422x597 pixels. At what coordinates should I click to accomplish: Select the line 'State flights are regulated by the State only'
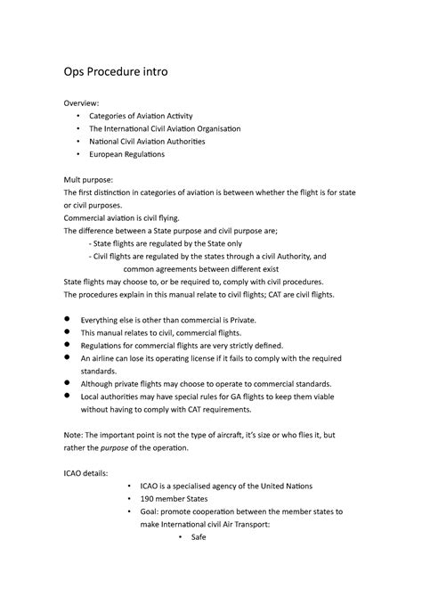(182, 242)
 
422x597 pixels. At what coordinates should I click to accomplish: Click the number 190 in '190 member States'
(150, 500)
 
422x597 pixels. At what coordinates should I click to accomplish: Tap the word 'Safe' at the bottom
(200, 538)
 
